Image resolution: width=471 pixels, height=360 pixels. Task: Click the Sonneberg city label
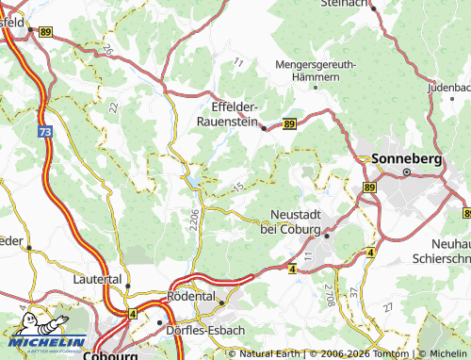tap(407, 159)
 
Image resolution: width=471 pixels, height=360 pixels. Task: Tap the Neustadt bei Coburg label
tap(296, 222)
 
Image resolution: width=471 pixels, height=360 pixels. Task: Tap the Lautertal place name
tap(98, 280)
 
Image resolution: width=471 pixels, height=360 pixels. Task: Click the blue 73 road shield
tap(45, 134)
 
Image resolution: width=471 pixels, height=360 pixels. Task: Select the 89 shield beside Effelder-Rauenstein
tap(288, 123)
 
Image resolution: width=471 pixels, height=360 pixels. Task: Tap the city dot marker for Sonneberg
tap(407, 172)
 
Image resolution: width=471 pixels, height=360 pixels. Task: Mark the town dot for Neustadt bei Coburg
tap(326, 237)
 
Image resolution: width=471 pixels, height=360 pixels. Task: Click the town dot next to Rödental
tap(219, 303)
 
